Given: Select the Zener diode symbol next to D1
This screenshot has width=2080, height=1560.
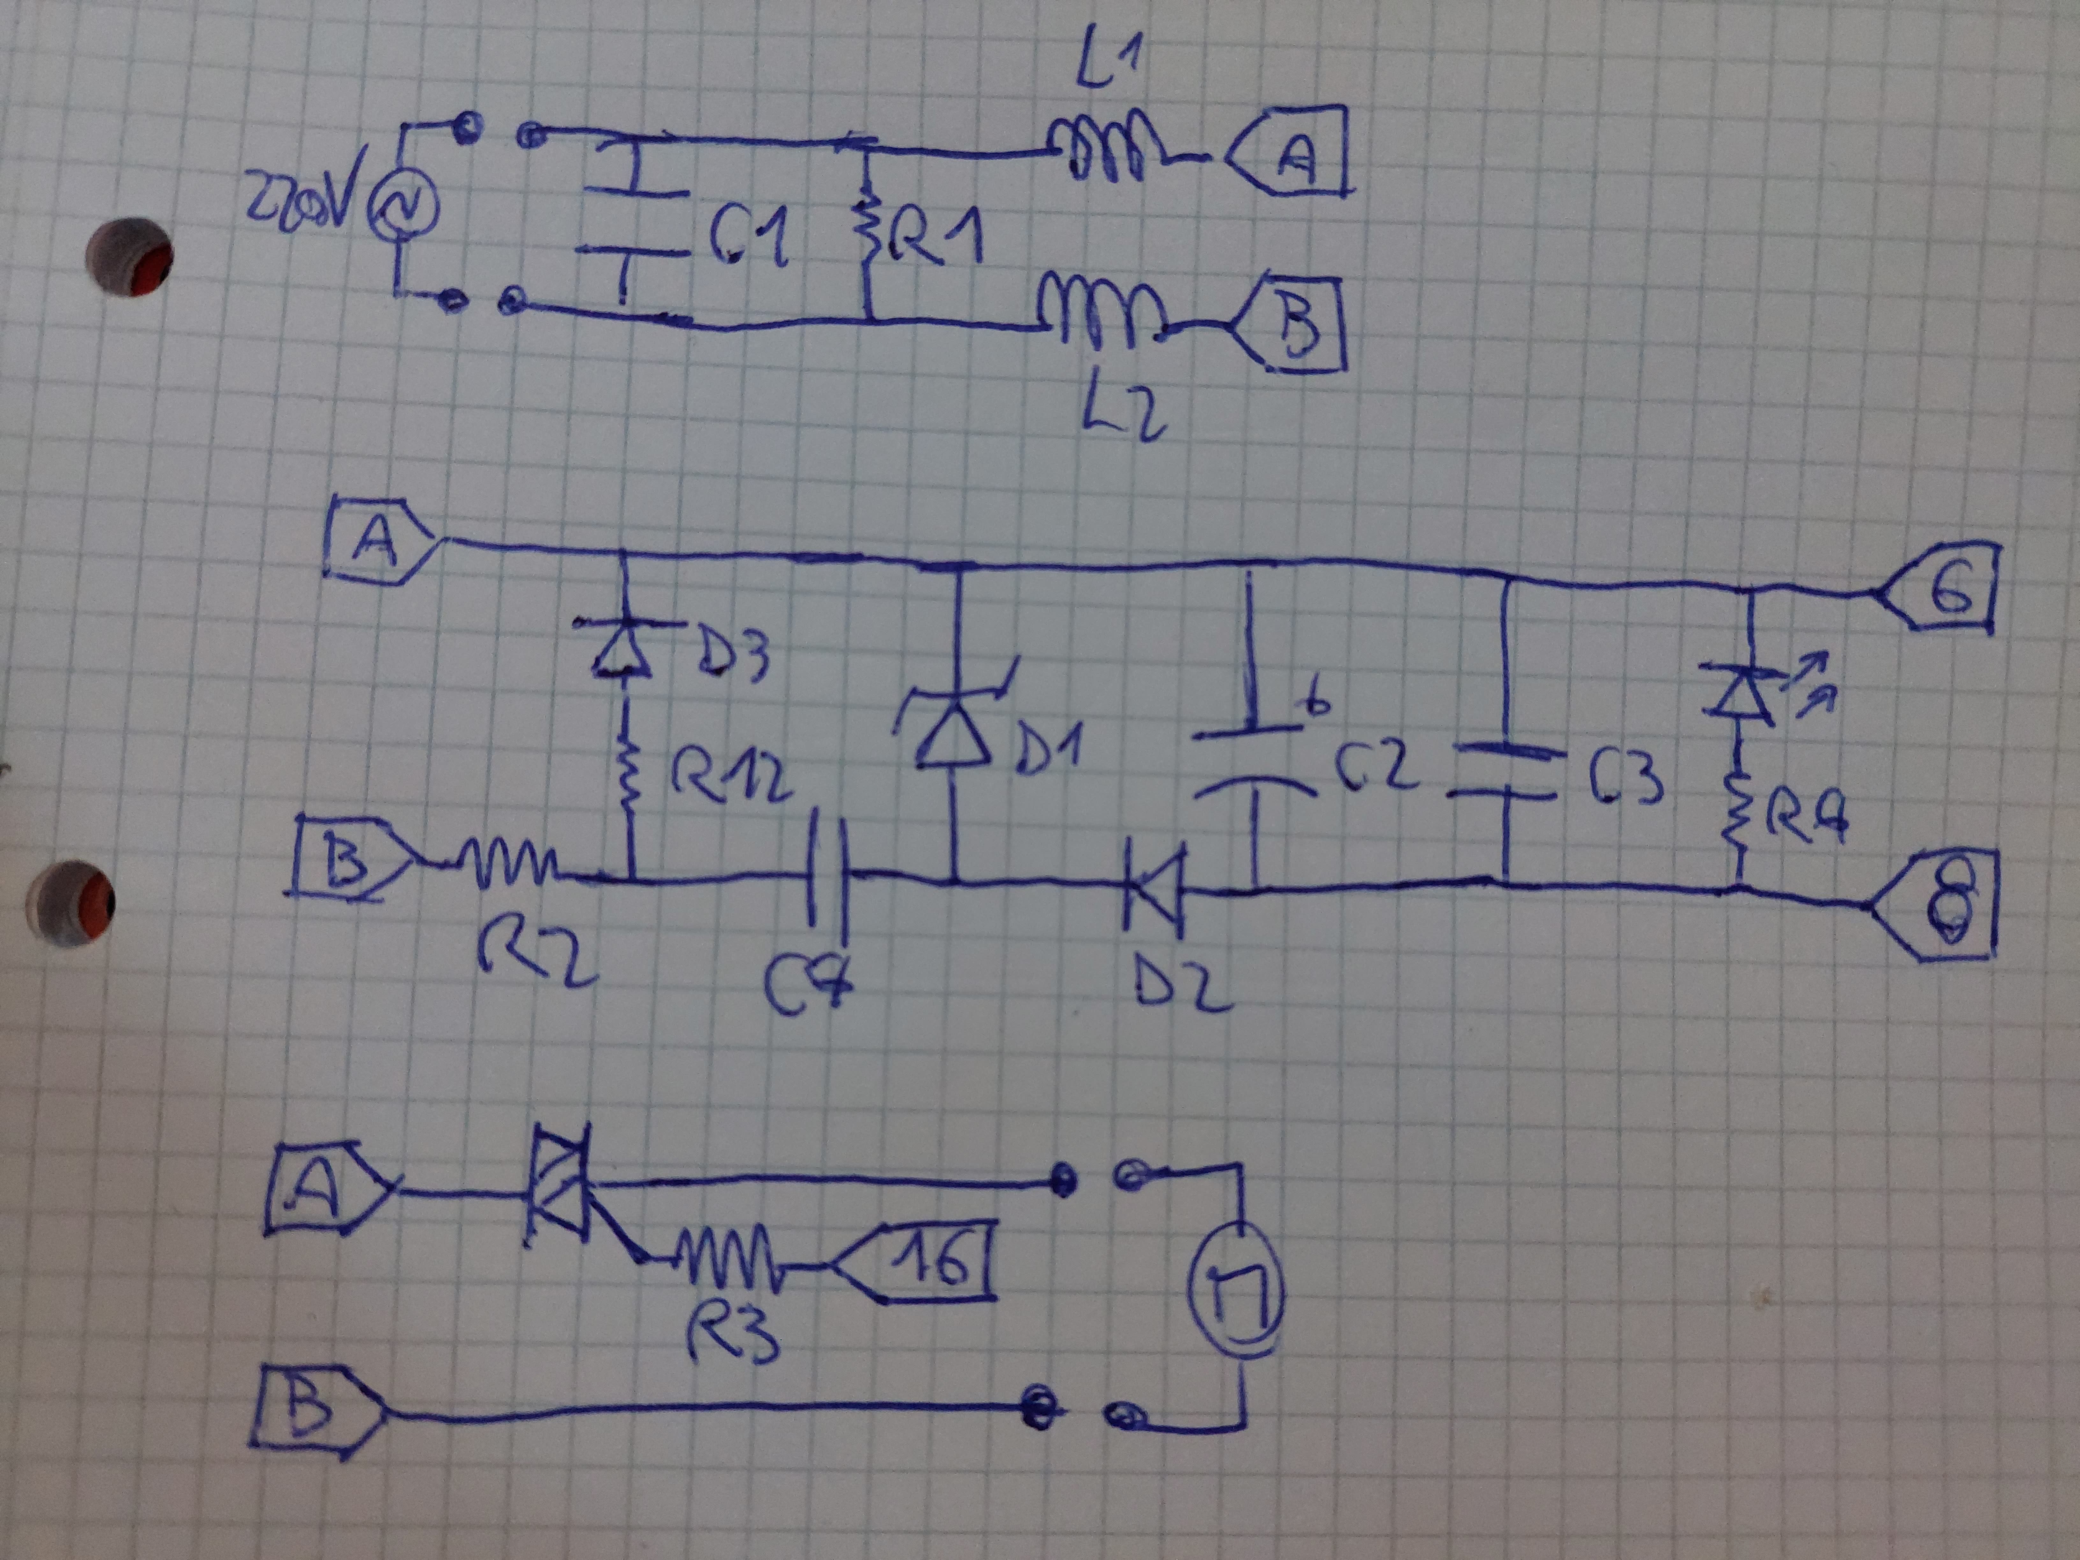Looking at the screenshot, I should [x=955, y=729].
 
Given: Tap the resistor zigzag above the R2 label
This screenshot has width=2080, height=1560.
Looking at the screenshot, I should [x=508, y=865].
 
